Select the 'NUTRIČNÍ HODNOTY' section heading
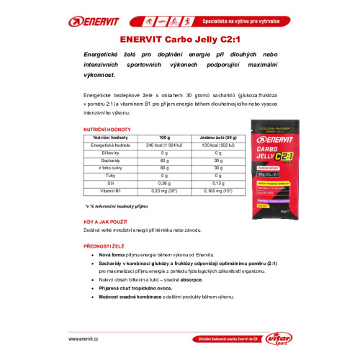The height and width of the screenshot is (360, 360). pyautogui.click(x=106, y=130)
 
